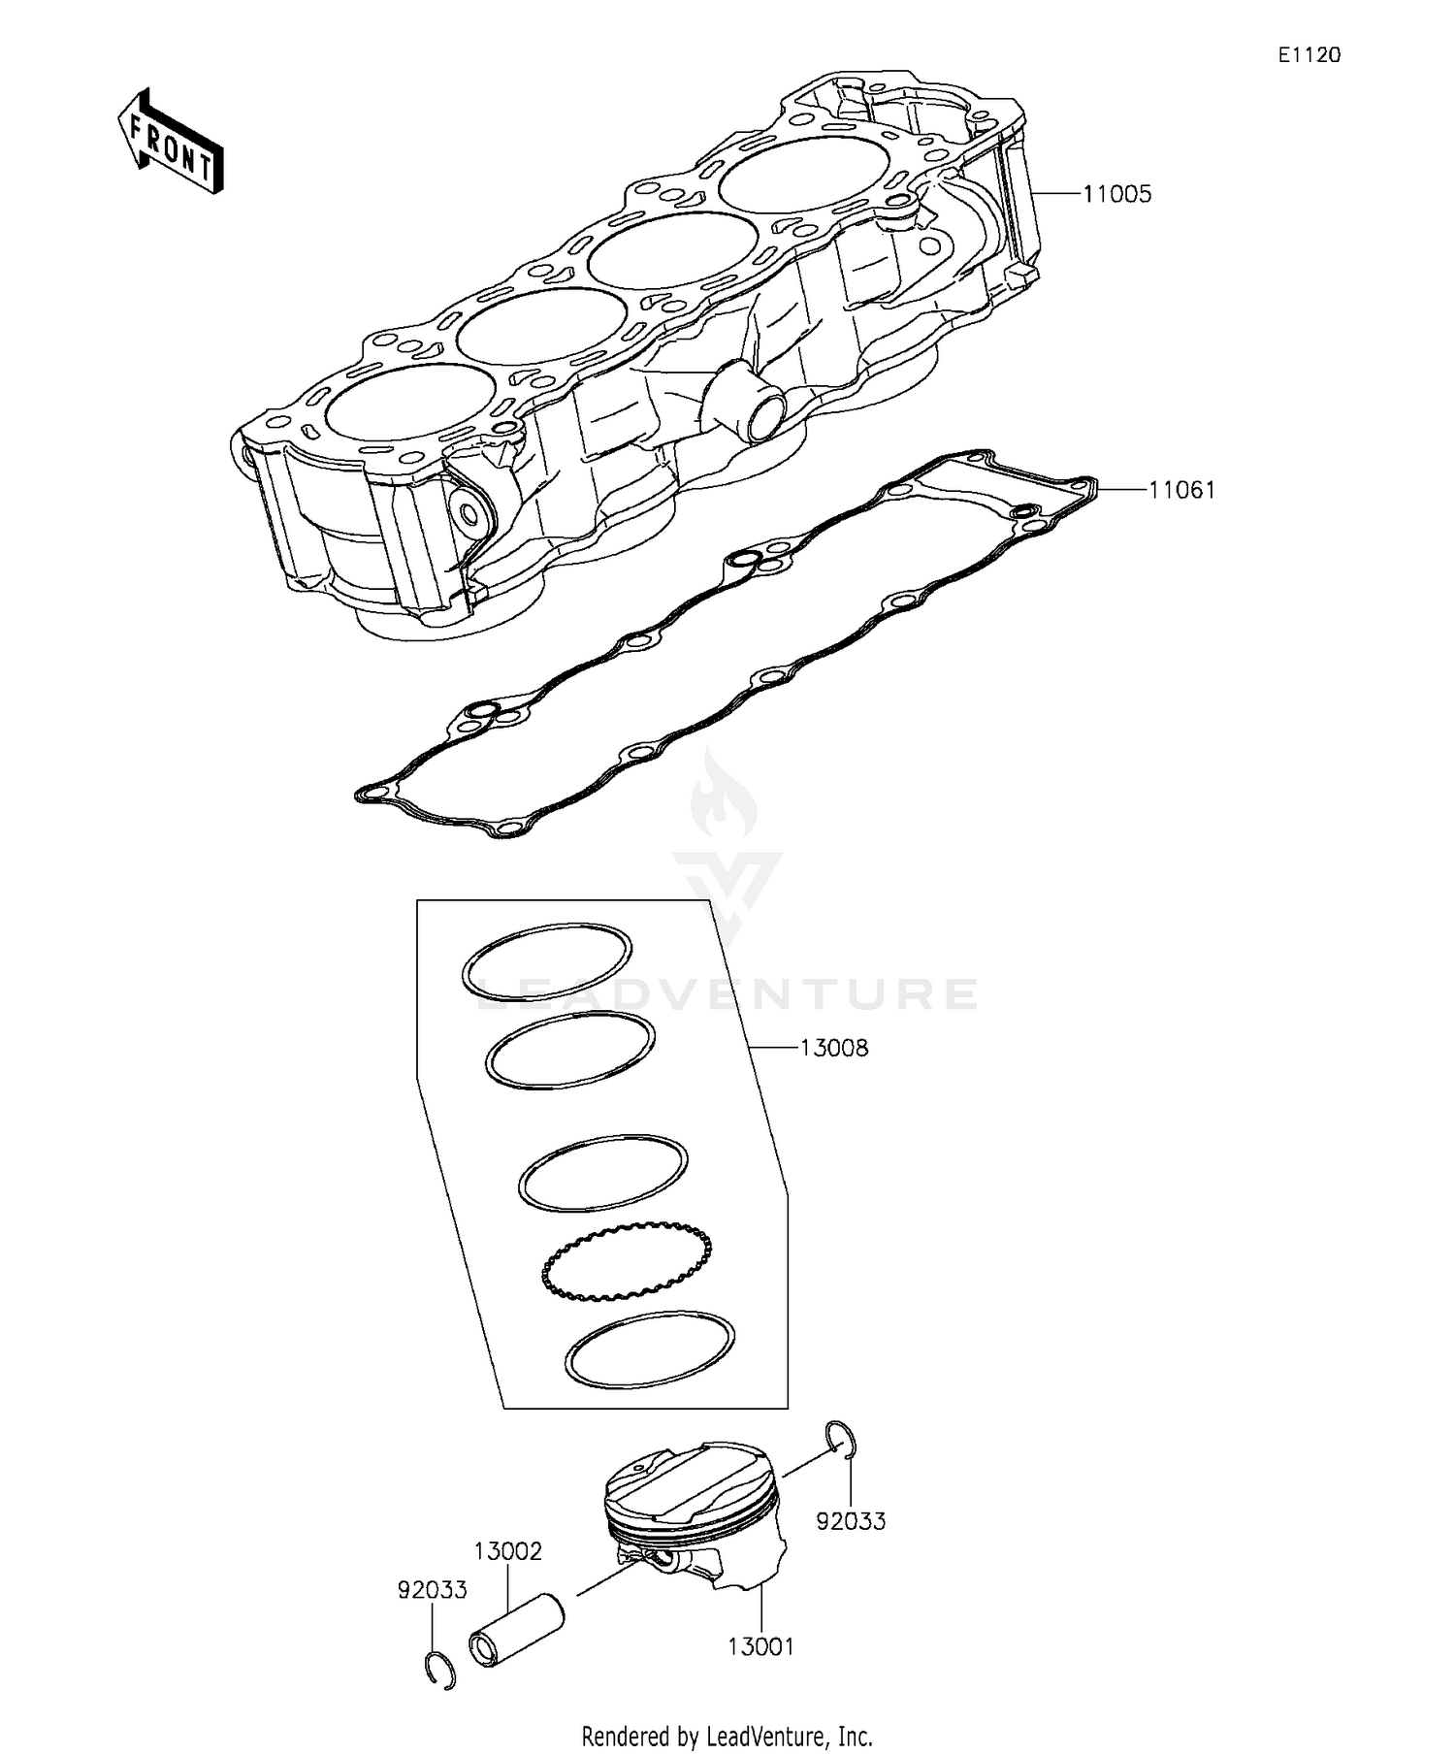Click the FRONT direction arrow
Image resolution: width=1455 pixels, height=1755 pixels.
pyautogui.click(x=171, y=143)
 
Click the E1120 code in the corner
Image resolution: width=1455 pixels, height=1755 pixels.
pyautogui.click(x=1309, y=56)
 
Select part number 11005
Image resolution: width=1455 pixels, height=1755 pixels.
pyautogui.click(x=1116, y=194)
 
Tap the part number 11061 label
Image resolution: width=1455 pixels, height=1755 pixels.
pyautogui.click(x=1181, y=490)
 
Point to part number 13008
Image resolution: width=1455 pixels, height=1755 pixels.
pyautogui.click(x=833, y=1048)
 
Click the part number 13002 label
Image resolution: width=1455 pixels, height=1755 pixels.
pyautogui.click(x=507, y=1551)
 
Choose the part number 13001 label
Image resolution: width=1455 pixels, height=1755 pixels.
pyautogui.click(x=760, y=1646)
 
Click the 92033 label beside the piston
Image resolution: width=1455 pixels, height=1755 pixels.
pyautogui.click(x=851, y=1521)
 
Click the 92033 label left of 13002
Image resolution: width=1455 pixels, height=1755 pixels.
pyautogui.click(x=432, y=1590)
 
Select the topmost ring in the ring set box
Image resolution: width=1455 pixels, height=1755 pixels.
pyautogui.click(x=546, y=961)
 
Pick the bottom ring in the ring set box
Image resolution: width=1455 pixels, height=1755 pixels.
pyautogui.click(x=649, y=1351)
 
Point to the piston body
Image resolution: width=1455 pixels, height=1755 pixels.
pyautogui.click(x=694, y=1518)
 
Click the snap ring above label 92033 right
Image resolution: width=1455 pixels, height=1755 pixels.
pyautogui.click(x=841, y=1440)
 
